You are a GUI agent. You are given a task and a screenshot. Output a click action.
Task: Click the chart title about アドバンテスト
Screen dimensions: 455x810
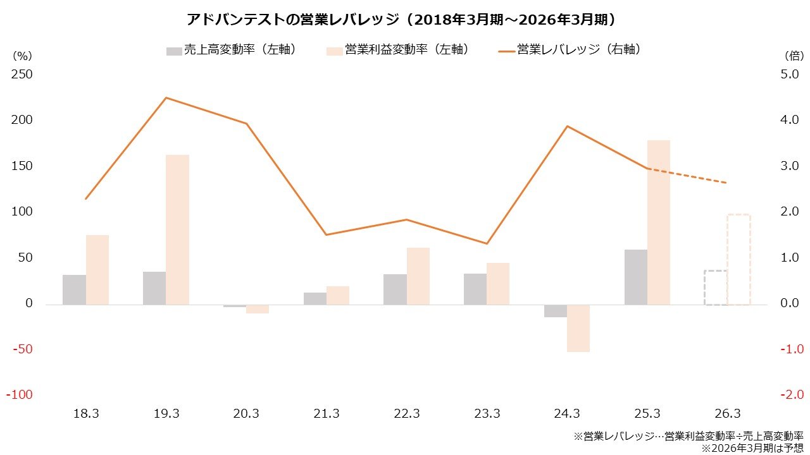point(402,20)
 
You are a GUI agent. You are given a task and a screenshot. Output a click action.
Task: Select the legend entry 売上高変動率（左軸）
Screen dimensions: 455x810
point(231,50)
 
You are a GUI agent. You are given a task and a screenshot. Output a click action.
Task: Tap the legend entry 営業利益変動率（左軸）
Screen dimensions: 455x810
point(398,50)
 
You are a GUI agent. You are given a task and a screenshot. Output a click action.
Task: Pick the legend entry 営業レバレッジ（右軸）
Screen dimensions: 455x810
point(570,50)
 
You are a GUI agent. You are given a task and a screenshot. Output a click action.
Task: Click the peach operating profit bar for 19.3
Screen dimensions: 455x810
point(178,229)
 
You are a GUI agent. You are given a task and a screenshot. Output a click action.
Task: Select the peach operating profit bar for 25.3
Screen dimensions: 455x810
point(658,222)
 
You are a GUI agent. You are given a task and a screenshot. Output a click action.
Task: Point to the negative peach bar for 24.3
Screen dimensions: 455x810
point(578,328)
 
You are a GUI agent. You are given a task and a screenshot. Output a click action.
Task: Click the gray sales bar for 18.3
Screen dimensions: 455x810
point(74,289)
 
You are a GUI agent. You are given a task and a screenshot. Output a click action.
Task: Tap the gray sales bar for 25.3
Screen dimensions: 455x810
point(635,277)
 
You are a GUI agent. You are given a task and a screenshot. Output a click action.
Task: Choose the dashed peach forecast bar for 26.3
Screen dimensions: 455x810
point(738,259)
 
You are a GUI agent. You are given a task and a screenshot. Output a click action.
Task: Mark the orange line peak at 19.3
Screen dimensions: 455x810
point(166,98)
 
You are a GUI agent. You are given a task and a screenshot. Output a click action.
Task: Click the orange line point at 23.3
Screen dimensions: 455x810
point(487,243)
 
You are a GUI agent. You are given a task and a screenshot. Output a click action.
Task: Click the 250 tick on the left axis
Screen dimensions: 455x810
point(22,75)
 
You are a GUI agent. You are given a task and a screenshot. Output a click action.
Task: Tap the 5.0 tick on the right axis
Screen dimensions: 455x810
point(791,75)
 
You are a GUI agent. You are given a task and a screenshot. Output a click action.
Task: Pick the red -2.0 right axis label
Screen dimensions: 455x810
point(790,395)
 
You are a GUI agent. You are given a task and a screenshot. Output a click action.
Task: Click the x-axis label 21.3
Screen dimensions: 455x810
point(327,414)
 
